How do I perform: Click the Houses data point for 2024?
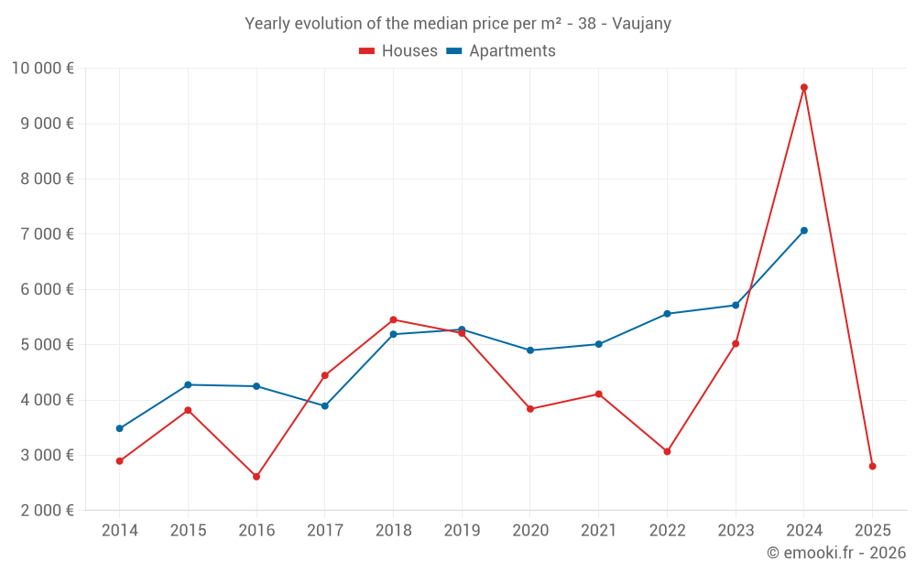pyautogui.click(x=803, y=88)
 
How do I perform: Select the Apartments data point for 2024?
pyautogui.click(x=803, y=231)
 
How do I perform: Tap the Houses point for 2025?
pyautogui.click(x=872, y=467)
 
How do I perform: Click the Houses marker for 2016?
pyautogui.click(x=256, y=477)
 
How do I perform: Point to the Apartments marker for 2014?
pyautogui.click(x=119, y=428)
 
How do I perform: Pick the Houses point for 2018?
pyautogui.click(x=393, y=319)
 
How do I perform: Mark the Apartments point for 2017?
pyautogui.click(x=324, y=405)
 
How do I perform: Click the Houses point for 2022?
pyautogui.click(x=667, y=451)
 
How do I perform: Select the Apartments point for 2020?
pyautogui.click(x=530, y=351)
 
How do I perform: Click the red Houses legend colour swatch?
pyautogui.click(x=366, y=51)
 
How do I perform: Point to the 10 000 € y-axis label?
pyautogui.click(x=42, y=68)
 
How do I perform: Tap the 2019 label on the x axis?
pyautogui.click(x=462, y=531)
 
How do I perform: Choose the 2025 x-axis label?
pyautogui.click(x=872, y=531)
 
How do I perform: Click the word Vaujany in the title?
pyautogui.click(x=640, y=24)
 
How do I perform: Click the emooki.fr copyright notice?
pyautogui.click(x=835, y=553)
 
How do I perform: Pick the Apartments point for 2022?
pyautogui.click(x=667, y=314)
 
